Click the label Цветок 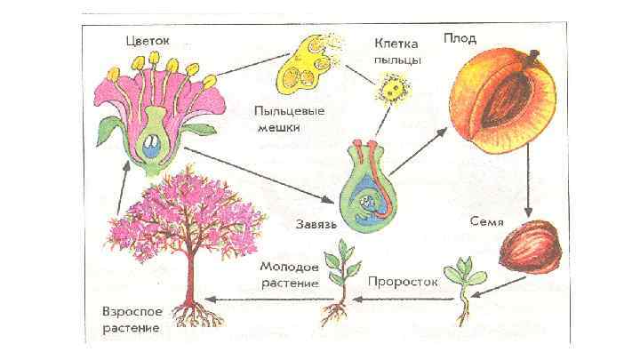tap(147, 40)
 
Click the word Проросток tap(403, 280)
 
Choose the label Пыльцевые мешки tap(289, 119)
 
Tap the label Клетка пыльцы tap(397, 50)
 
